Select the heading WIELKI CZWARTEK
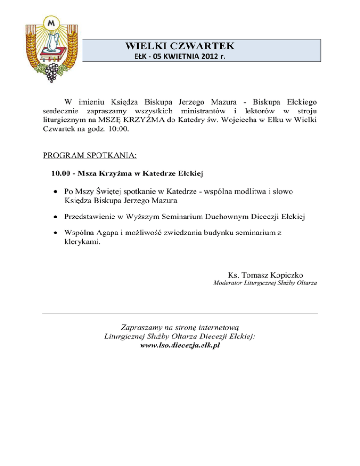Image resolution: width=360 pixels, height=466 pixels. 180,46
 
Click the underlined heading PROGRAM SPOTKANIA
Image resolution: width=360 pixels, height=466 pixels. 90,154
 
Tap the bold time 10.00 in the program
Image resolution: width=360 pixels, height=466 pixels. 62,174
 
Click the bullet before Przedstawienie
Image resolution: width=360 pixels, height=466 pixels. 56,217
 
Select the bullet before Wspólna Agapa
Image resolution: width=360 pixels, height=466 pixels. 56,233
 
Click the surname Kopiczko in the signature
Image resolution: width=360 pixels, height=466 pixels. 292,274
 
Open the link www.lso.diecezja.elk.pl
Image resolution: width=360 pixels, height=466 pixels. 180,345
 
